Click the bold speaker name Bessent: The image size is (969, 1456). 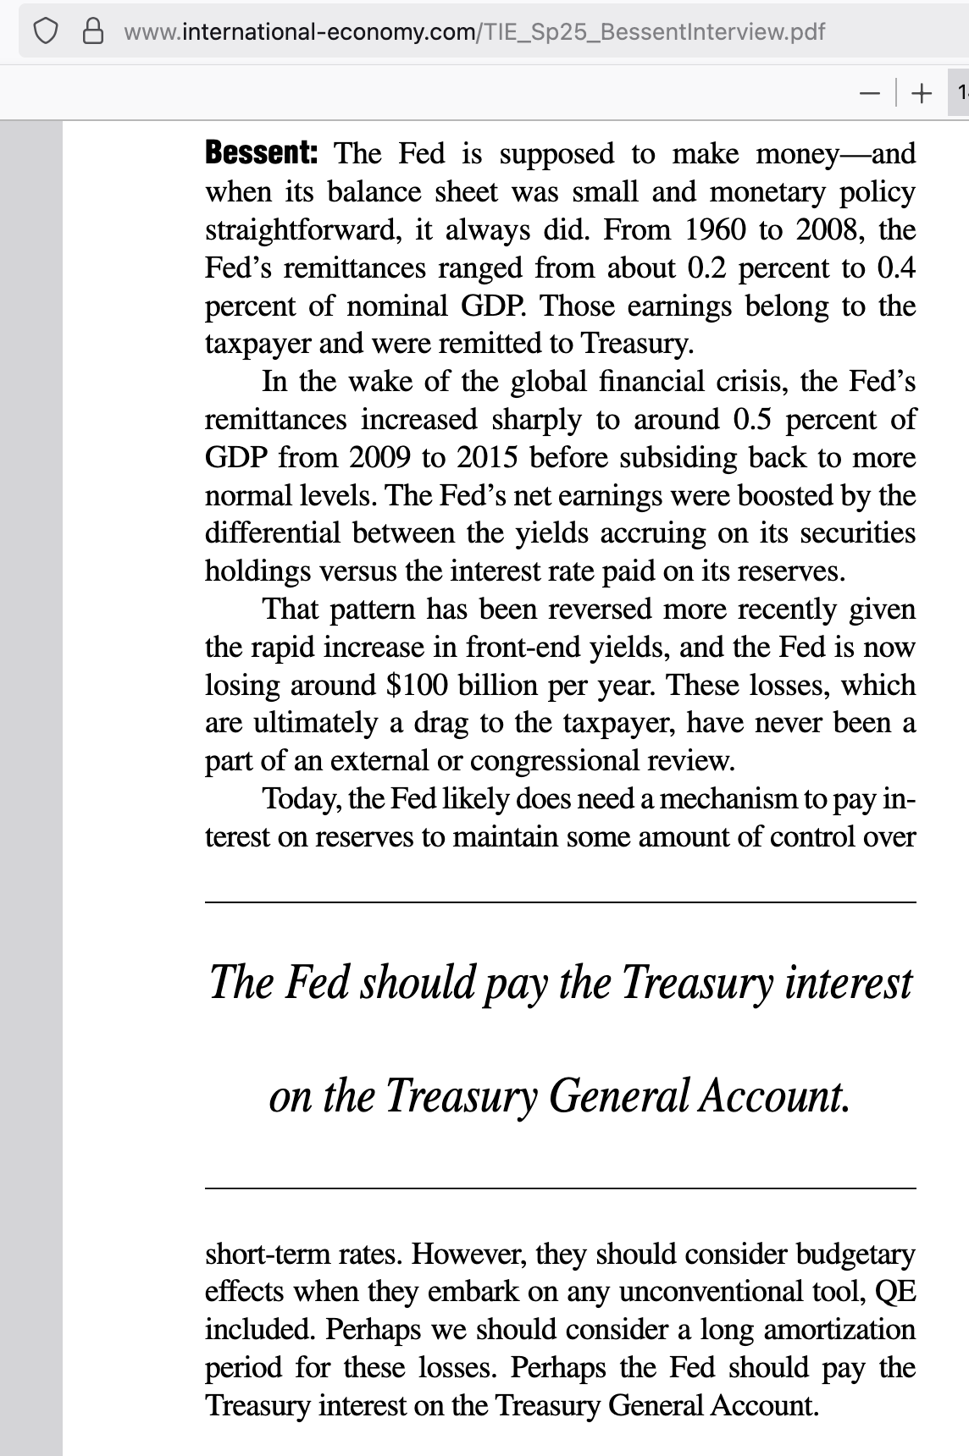(x=262, y=153)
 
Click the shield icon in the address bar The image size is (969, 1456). (x=46, y=31)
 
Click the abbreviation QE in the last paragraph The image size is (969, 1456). (x=894, y=1292)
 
